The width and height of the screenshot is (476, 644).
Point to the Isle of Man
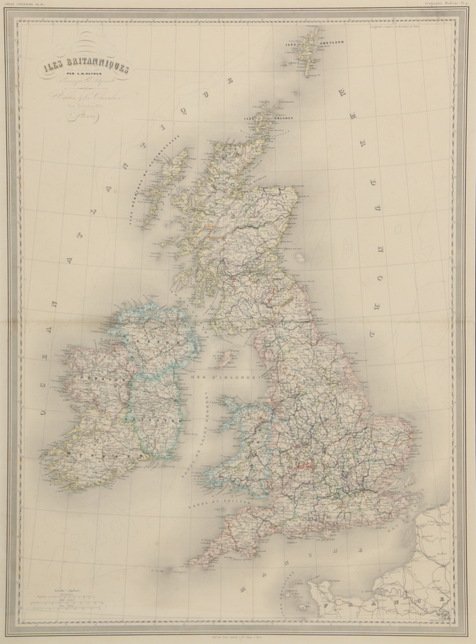(226, 357)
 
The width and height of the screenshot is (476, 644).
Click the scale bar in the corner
(64, 602)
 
